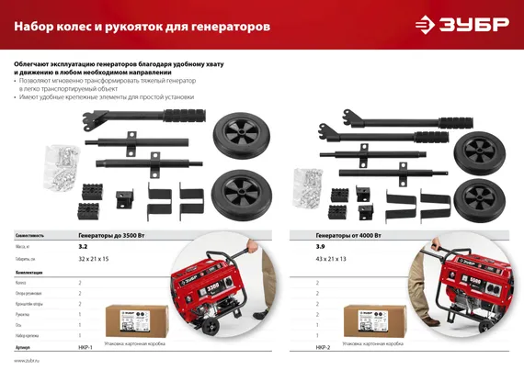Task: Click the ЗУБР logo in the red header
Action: pos(473,25)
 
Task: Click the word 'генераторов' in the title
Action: pos(228,27)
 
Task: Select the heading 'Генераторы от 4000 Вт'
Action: pos(349,235)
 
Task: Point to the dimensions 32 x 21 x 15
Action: pos(94,261)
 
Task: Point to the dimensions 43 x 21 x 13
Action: pos(331,261)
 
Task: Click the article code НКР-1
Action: pos(86,348)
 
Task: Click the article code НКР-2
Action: pos(323,348)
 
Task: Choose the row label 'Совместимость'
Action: pos(30,235)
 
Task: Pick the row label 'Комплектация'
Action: pos(29,273)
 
